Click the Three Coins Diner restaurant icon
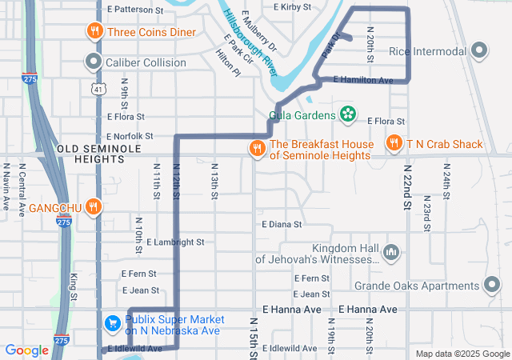94,32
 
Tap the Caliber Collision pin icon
94,61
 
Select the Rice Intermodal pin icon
480,51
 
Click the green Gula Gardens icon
347,115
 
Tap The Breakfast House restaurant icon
257,147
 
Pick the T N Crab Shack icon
394,143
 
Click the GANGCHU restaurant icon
94,207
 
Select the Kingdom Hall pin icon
391,253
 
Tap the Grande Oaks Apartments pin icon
492,286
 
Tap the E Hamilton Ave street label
363,80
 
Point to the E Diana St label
281,225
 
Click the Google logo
26,350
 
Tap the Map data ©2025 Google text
461,354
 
